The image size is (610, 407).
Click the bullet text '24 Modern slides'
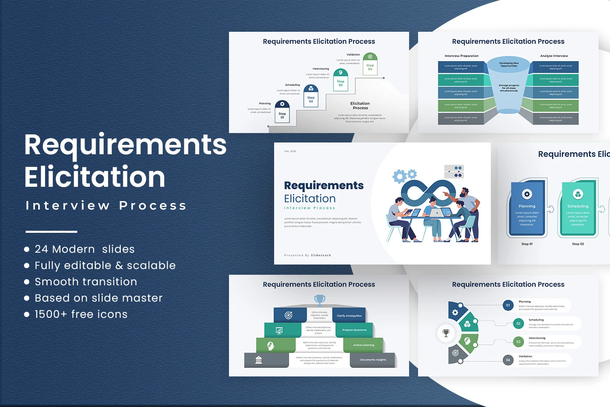[85, 249]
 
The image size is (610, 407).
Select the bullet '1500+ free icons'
[81, 314]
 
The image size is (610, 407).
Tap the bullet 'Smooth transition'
[86, 282]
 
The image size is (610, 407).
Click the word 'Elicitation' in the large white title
[95, 177]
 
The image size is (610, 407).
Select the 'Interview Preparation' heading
[462, 56]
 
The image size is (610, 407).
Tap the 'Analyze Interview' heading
[554, 56]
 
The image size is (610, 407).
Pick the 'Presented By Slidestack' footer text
[307, 255]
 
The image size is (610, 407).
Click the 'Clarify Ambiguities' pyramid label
[349, 315]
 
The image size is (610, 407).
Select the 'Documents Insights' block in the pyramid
[373, 360]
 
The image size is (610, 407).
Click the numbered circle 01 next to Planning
[508, 305]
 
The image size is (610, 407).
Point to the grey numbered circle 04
[508, 360]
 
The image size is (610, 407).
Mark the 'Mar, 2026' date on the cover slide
[290, 151]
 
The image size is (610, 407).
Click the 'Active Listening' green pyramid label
[364, 345]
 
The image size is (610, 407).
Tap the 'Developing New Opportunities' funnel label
[509, 64]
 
